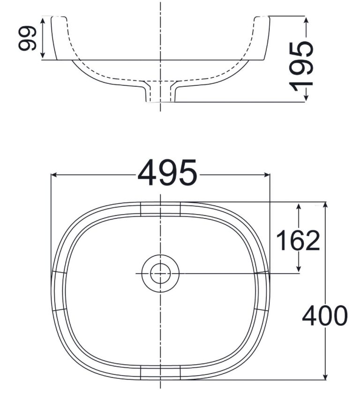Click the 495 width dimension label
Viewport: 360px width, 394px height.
(167, 173)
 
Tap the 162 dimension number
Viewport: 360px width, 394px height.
(298, 240)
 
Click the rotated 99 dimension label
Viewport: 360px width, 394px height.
(28, 38)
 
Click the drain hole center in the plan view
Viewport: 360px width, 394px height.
(160, 273)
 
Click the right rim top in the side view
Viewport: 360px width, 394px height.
(262, 17)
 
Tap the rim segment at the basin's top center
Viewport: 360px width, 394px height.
(160, 209)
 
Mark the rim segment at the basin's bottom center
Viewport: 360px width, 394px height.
(160, 372)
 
